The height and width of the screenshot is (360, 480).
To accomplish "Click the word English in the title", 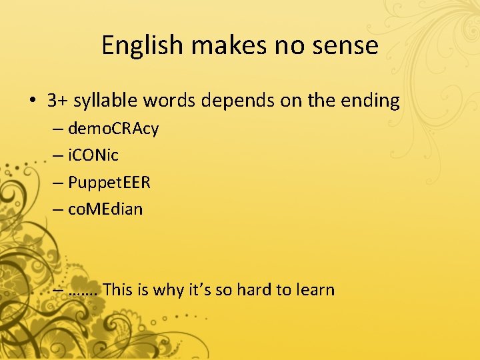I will [x=142, y=45].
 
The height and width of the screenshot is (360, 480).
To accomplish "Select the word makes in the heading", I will [x=224, y=45].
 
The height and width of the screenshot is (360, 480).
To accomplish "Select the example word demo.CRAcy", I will [x=113, y=129].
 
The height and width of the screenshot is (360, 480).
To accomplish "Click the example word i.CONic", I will [x=93, y=155].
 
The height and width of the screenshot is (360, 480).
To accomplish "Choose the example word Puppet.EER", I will [x=109, y=183].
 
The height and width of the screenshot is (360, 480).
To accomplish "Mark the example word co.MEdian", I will [x=105, y=209].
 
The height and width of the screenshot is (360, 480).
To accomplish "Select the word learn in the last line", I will [x=315, y=289].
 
